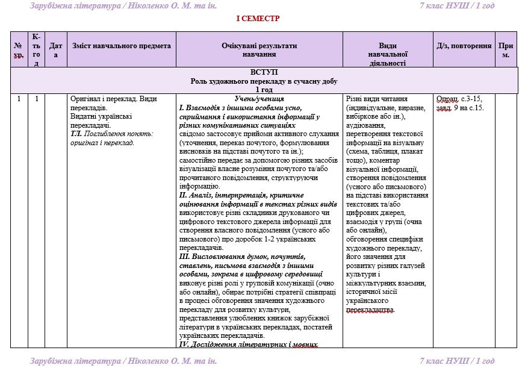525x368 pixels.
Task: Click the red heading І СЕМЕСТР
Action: point(258,19)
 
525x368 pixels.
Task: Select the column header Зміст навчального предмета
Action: point(122,46)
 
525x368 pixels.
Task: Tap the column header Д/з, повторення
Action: point(463,46)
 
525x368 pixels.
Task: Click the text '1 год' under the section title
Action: point(264,89)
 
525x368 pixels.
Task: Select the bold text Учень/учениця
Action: point(259,99)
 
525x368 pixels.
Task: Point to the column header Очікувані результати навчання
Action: point(259,50)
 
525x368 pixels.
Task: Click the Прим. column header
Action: point(506,50)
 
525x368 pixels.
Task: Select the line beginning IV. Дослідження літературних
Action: point(248,344)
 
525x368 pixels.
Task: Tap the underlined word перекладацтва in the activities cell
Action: point(371,310)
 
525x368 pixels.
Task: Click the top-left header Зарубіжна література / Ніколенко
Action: point(123,6)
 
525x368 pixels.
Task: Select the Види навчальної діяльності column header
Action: point(388,54)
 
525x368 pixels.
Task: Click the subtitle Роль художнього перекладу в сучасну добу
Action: point(264,81)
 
